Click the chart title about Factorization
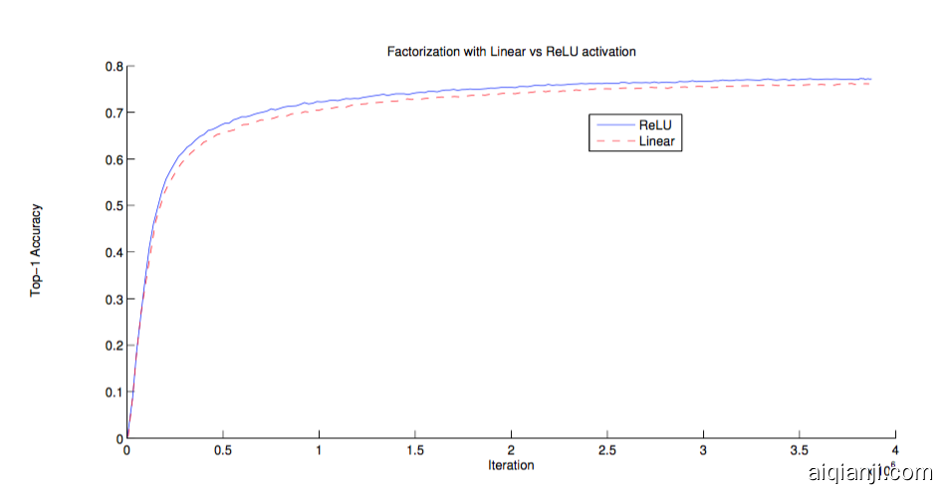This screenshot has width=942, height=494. [x=510, y=50]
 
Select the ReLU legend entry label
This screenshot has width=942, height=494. [x=655, y=126]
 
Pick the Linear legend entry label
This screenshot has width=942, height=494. [x=658, y=141]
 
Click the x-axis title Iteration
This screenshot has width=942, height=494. [x=511, y=465]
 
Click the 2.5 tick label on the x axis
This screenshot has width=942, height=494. [x=606, y=450]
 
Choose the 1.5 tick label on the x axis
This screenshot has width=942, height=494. [x=414, y=450]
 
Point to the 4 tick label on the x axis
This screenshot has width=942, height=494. [x=895, y=450]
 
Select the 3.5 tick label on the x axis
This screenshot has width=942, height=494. [x=800, y=450]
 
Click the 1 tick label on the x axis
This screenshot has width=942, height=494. [x=319, y=450]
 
